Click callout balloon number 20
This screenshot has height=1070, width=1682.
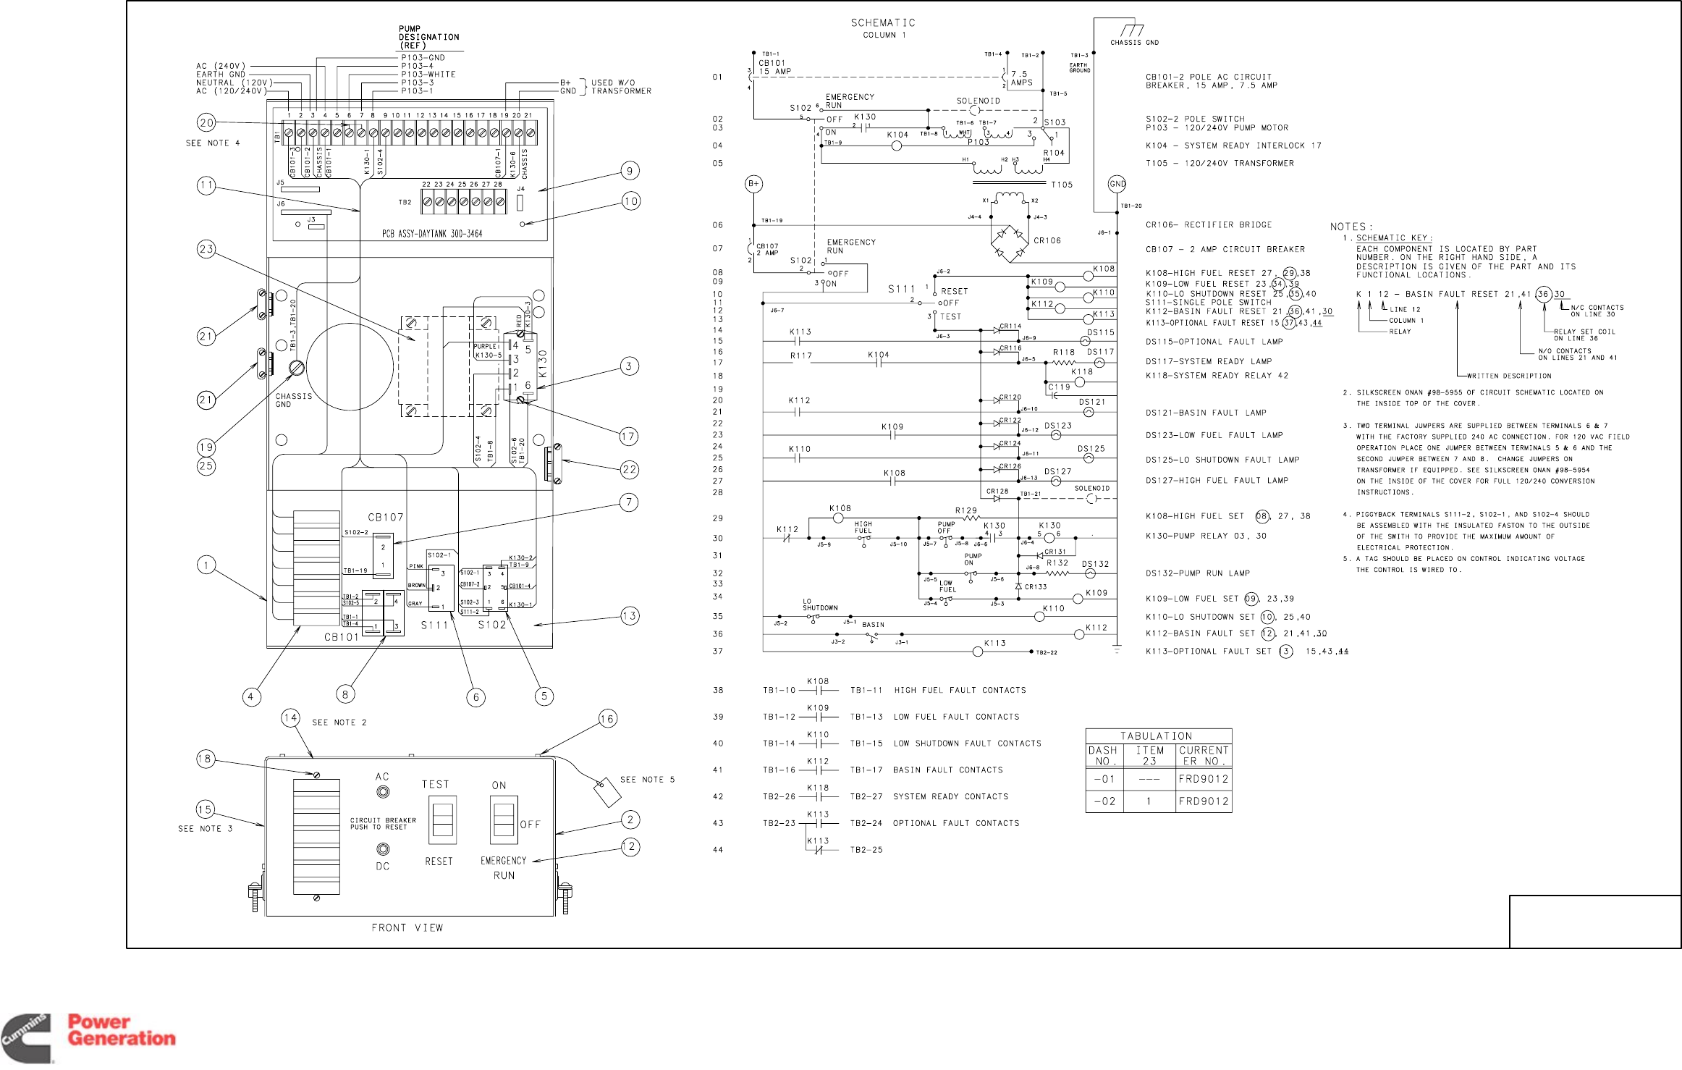(206, 122)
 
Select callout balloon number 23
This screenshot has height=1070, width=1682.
(206, 250)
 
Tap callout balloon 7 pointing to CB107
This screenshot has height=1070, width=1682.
(629, 502)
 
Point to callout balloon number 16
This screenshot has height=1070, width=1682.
(607, 719)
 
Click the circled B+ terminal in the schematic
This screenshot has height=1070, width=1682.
(754, 184)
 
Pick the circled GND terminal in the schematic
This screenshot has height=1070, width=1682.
(1117, 184)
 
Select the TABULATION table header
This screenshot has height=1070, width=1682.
(1157, 736)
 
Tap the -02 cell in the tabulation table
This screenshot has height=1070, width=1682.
(1104, 801)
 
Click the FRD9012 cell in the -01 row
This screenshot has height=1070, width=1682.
(1203, 779)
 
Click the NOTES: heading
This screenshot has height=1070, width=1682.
(1351, 227)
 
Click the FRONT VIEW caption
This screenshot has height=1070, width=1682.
(407, 928)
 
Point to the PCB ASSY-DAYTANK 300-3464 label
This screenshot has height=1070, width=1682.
(432, 234)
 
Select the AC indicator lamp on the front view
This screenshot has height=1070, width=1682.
(383, 792)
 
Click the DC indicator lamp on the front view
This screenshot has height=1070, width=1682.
(383, 850)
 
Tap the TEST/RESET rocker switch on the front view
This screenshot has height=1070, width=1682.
(442, 820)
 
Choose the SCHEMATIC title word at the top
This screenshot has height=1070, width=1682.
(882, 23)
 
